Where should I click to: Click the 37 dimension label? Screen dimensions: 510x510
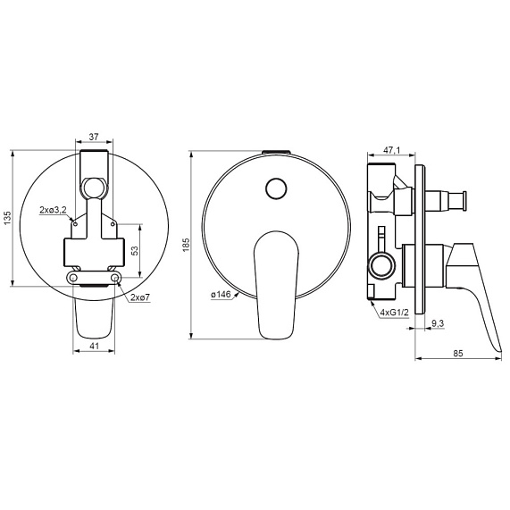94,137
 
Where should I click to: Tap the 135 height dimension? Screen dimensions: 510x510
7,218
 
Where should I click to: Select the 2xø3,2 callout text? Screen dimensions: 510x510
53,210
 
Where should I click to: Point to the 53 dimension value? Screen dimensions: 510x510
135,251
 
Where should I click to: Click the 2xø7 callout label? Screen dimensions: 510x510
140,297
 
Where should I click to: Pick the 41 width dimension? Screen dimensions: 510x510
94,346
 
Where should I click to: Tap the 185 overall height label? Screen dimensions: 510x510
186,245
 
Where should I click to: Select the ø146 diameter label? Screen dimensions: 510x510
221,295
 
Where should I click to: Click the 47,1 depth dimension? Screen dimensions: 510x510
391,150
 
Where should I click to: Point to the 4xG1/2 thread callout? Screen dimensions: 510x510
395,313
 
